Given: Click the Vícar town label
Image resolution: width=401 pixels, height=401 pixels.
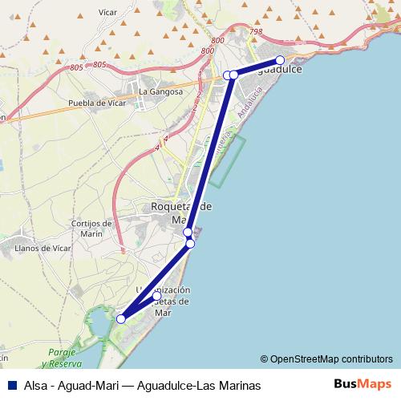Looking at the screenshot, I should [107, 13].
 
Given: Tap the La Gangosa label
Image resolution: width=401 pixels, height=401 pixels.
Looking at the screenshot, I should [155, 91].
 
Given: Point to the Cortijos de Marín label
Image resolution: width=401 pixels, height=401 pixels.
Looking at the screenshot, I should [87, 228].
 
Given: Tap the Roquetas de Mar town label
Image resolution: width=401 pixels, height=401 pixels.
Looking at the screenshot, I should [182, 213].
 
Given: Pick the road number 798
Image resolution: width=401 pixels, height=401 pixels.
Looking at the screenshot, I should [256, 32].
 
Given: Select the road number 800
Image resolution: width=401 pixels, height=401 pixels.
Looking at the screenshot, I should [208, 51].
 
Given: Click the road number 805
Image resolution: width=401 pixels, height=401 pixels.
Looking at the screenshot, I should [99, 64].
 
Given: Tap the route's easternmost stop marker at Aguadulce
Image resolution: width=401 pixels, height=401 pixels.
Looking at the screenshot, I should [280, 60].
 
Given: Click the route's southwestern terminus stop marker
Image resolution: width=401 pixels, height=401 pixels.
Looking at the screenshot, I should [121, 319].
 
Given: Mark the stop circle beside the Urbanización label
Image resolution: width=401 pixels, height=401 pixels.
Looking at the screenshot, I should [157, 296].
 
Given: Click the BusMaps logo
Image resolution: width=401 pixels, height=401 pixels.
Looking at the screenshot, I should [363, 384].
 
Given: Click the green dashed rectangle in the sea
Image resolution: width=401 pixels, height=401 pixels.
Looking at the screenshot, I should [229, 160].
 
